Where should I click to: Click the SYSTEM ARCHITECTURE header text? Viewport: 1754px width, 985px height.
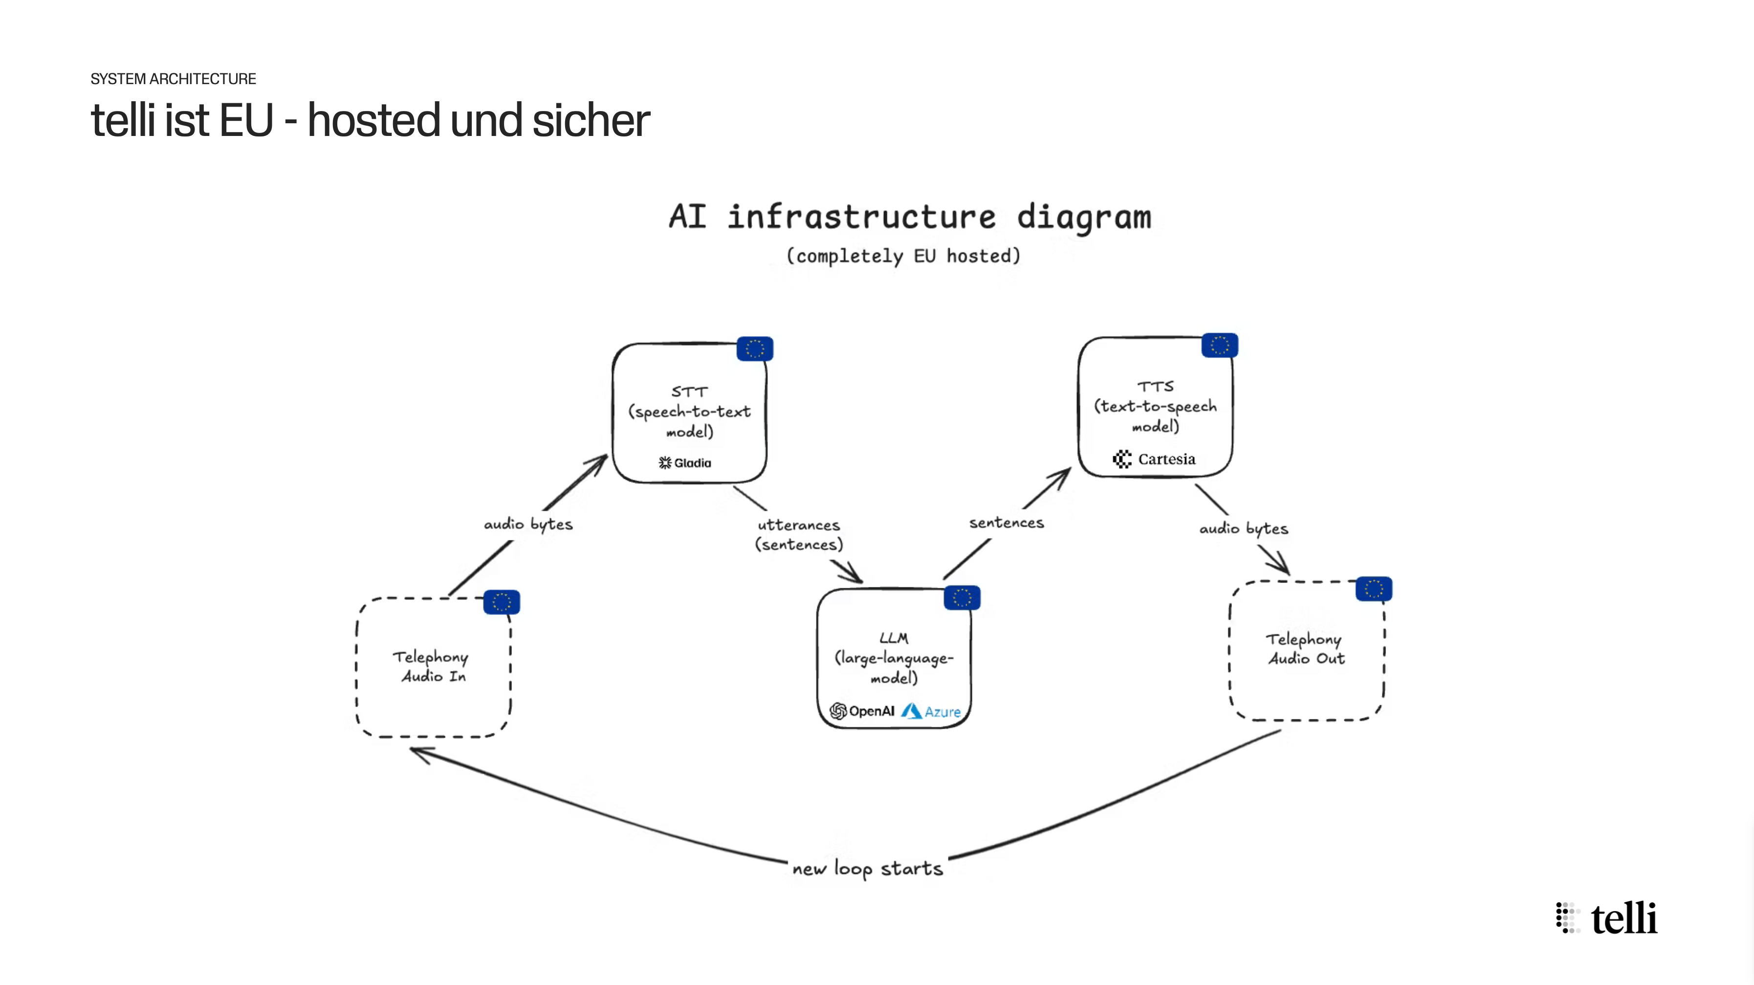click(x=173, y=79)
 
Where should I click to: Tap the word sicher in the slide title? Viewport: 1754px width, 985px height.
click(x=591, y=121)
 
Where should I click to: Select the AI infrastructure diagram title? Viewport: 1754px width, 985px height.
click(x=910, y=217)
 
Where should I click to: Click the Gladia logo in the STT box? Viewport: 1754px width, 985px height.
click(x=685, y=463)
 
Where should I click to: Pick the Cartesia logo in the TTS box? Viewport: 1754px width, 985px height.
click(x=1154, y=459)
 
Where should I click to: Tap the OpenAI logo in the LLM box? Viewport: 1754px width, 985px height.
click(x=862, y=711)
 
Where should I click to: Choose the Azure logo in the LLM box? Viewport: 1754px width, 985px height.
click(x=931, y=712)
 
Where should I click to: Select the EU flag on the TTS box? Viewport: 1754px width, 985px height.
click(x=1220, y=345)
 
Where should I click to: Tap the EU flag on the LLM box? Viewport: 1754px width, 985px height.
click(x=962, y=597)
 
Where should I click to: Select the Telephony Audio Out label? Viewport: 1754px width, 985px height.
click(x=1305, y=649)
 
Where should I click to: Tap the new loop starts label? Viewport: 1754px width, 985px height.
click(x=867, y=869)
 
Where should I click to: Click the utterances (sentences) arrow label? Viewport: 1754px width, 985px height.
click(x=799, y=535)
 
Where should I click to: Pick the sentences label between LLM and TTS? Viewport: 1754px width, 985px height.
click(x=1007, y=522)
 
